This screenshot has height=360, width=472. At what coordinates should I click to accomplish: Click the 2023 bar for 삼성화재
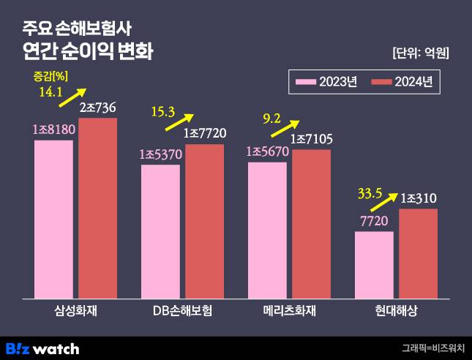click(x=53, y=220)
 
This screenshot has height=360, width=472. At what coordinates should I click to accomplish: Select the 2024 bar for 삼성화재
click(x=98, y=209)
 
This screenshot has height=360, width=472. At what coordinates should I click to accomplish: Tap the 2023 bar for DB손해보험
click(x=160, y=231)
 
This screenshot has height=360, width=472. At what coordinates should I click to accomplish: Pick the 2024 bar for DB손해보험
click(x=204, y=221)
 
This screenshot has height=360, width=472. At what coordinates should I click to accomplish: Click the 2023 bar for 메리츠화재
click(x=267, y=230)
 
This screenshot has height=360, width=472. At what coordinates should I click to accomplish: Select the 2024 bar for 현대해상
click(x=418, y=253)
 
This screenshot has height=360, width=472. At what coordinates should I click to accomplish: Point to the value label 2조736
click(x=98, y=108)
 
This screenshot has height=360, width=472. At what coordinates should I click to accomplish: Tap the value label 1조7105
click(x=311, y=139)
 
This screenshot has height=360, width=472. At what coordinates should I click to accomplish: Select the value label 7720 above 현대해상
click(x=374, y=221)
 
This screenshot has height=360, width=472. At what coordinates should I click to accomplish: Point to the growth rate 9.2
click(x=271, y=116)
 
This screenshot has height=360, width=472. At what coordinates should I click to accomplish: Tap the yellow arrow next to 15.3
click(x=179, y=121)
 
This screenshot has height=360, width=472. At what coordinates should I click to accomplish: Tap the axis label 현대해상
click(x=396, y=310)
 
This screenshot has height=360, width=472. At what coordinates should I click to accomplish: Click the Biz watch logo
click(x=42, y=348)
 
